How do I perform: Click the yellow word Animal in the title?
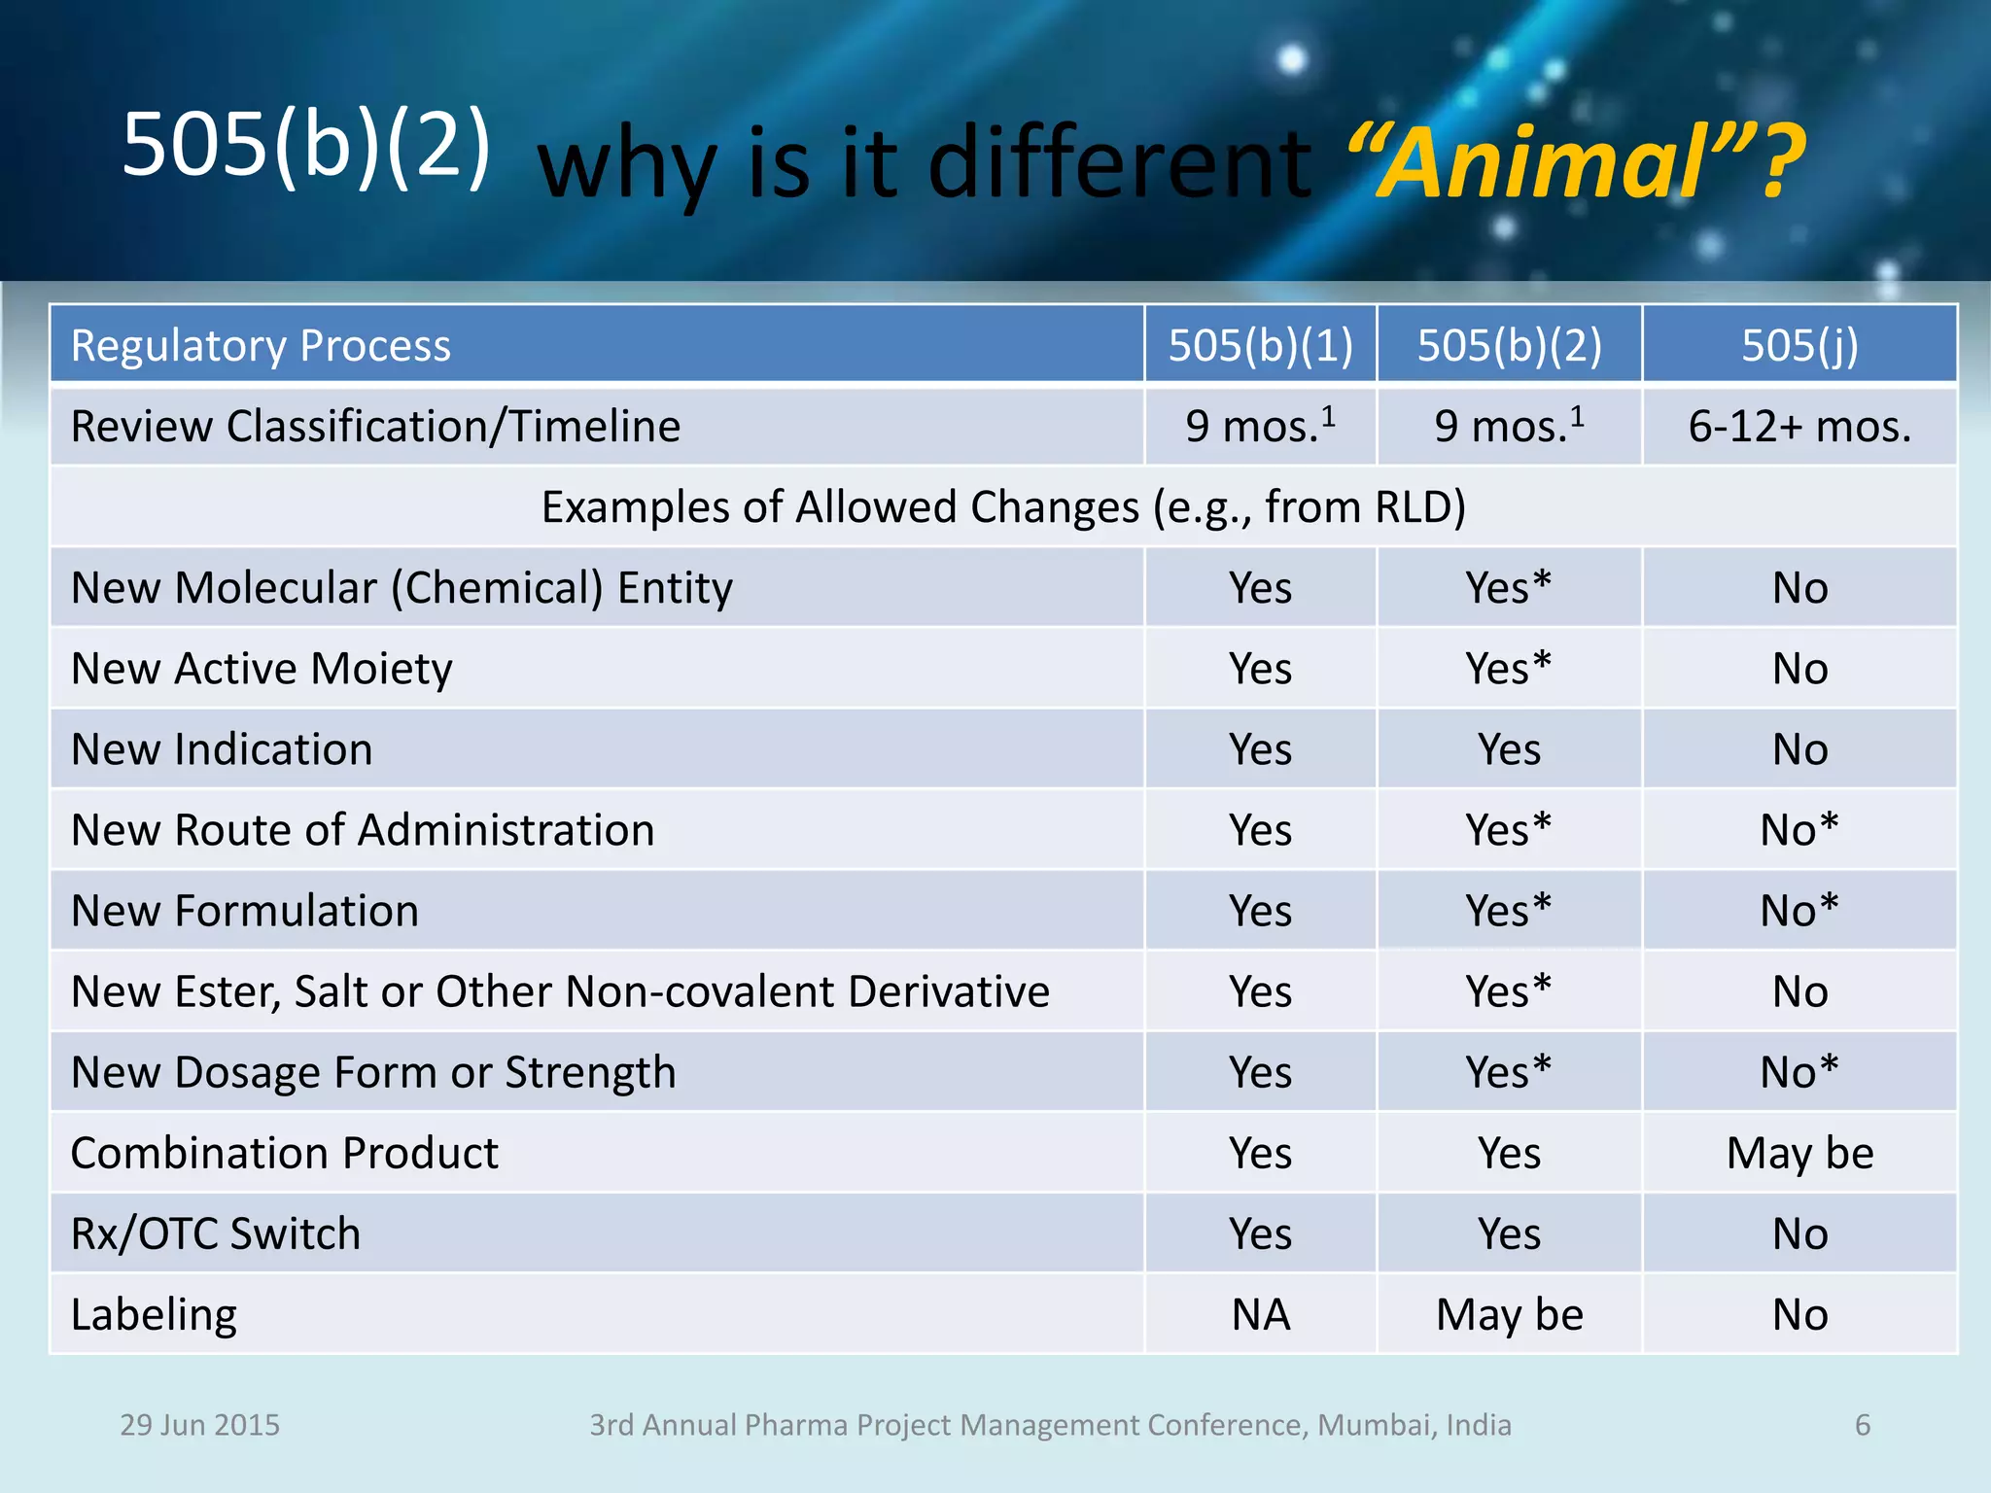point(1546,163)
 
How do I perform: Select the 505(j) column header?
point(1799,345)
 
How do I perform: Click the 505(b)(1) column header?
point(1260,345)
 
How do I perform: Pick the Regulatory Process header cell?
point(261,346)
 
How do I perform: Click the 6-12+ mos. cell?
point(1799,426)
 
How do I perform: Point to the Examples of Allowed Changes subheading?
point(1002,507)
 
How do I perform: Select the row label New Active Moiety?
point(262,669)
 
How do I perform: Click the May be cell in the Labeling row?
point(1509,1314)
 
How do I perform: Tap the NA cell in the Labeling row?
point(1260,1314)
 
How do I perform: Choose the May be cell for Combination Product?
point(1799,1153)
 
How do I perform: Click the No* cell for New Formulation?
point(1799,911)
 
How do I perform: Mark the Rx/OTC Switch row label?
point(216,1233)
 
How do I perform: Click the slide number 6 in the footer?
point(1862,1425)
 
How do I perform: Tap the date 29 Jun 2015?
point(199,1425)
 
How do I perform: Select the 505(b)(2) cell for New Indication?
point(1509,749)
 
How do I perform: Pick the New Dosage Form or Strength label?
point(373,1072)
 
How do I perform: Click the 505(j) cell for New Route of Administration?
point(1799,830)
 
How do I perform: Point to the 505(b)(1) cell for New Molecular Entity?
point(1260,588)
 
